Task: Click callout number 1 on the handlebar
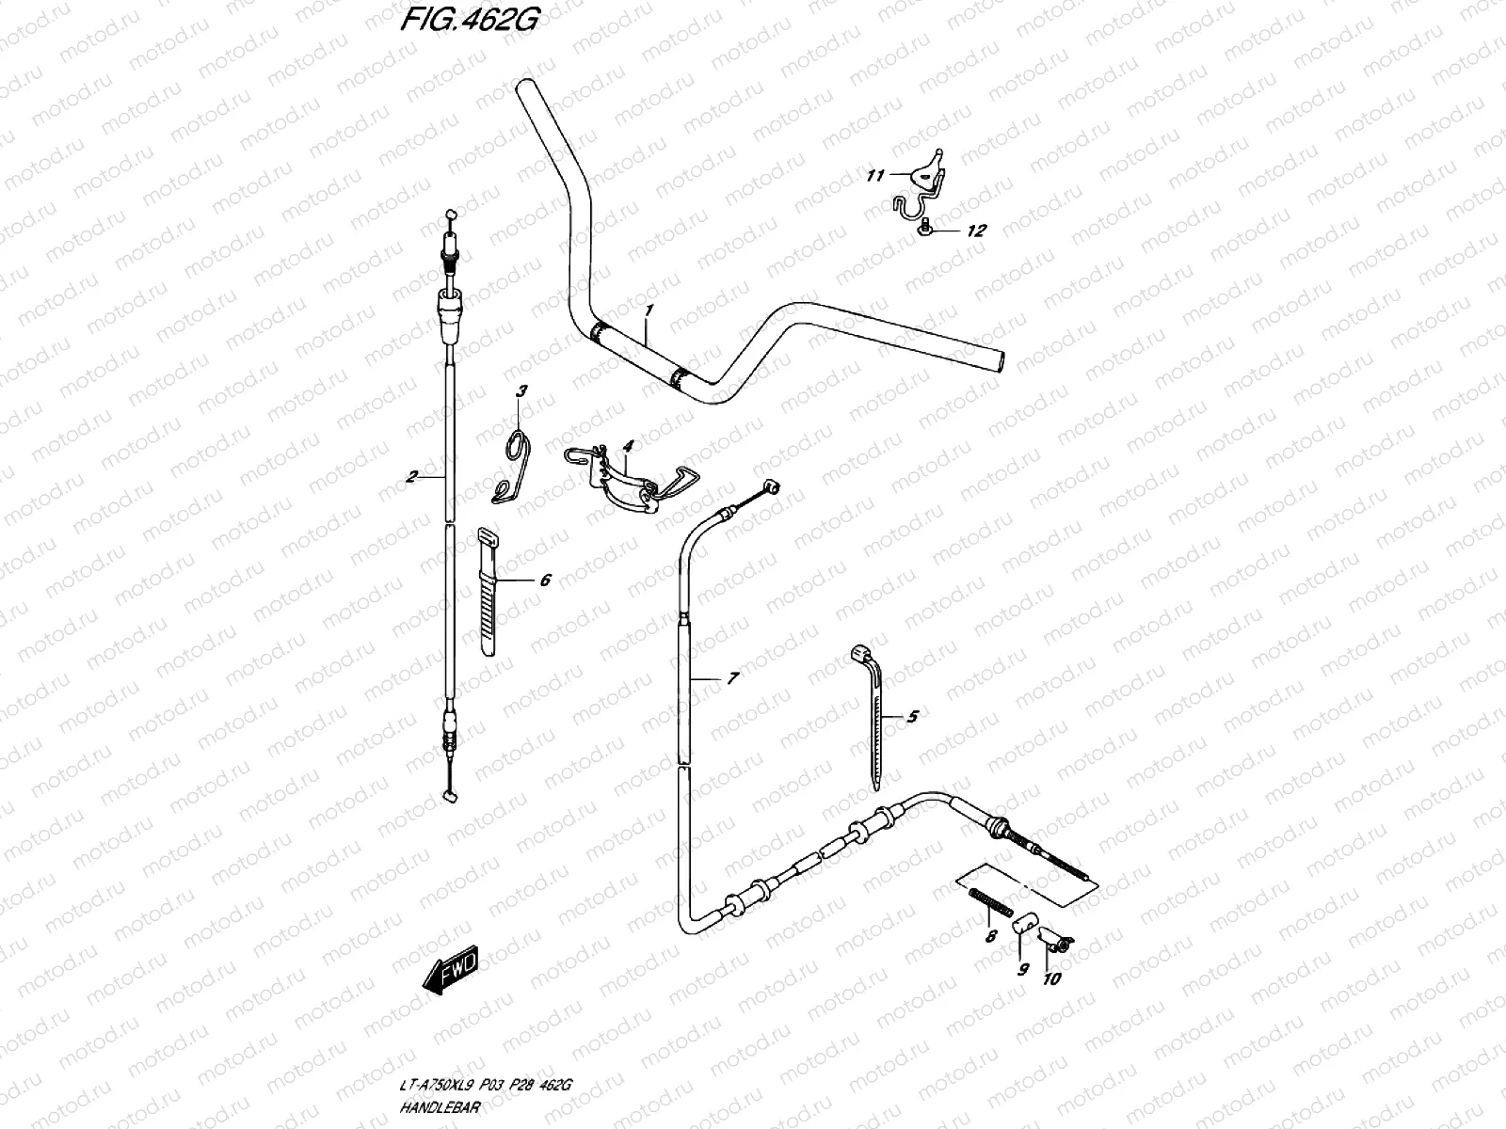[648, 310]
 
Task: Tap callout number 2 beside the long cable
[411, 477]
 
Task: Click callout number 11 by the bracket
[875, 175]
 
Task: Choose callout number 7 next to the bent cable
[732, 677]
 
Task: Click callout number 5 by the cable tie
[911, 717]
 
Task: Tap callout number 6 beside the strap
[544, 580]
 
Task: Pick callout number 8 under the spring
[989, 937]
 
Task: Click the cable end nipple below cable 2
[449, 796]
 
